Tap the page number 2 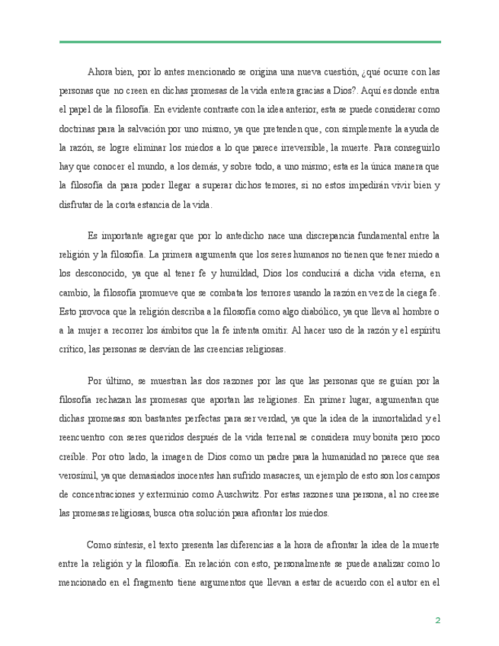click(x=437, y=620)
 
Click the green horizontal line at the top click(x=250, y=42)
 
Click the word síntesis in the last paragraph click(x=133, y=546)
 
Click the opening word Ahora click(x=101, y=72)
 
